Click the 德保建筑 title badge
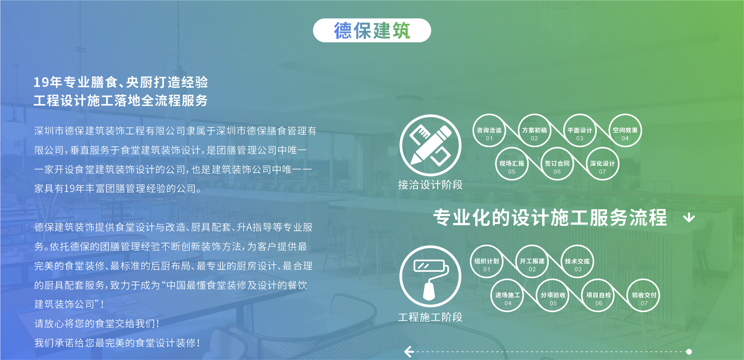[372, 30]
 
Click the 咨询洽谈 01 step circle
[489, 131]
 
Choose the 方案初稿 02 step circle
[534, 131]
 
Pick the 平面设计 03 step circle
[580, 131]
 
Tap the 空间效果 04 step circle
[625, 131]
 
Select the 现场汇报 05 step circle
[512, 164]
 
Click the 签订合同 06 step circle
[557, 164]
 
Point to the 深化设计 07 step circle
[602, 164]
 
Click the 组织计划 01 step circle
[487, 262]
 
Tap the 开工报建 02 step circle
[533, 262]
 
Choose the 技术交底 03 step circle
[577, 262]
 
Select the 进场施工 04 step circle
[508, 295]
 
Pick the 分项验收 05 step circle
[553, 295]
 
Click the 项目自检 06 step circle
[599, 295]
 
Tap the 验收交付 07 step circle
[644, 295]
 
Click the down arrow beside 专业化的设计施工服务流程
[689, 218]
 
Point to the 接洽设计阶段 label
[430, 185]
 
